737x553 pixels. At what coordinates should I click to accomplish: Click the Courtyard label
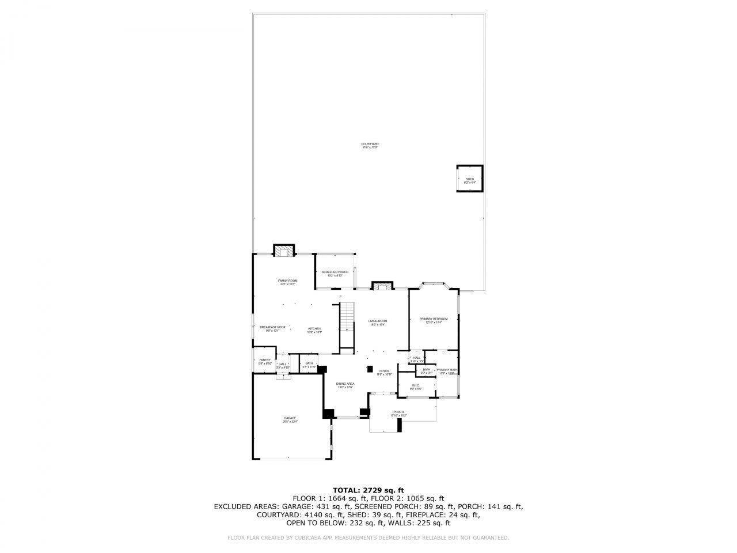(370, 145)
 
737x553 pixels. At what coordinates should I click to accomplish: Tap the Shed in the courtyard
(469, 179)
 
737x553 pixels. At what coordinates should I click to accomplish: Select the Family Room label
(287, 282)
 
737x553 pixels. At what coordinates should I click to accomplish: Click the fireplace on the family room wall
(283, 251)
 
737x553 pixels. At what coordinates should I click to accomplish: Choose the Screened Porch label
(335, 273)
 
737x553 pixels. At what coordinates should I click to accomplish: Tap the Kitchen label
(314, 329)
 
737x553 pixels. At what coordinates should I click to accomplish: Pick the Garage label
(290, 419)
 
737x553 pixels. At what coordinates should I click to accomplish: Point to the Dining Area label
(345, 385)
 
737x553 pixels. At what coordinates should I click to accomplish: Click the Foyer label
(384, 372)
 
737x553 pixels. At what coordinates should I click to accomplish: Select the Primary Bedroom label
(433, 320)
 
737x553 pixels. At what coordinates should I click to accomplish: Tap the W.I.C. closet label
(416, 387)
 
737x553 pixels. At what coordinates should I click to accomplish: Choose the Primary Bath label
(447, 371)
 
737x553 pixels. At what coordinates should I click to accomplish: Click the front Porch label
(398, 413)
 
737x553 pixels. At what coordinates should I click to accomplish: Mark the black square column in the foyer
(370, 369)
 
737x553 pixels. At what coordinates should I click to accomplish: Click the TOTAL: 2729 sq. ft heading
(368, 490)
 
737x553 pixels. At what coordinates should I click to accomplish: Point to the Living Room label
(378, 322)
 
